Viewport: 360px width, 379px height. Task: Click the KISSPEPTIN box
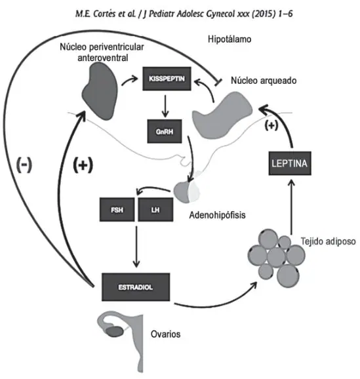point(167,79)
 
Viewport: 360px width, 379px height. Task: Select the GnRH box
point(165,131)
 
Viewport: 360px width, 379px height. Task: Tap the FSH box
point(117,210)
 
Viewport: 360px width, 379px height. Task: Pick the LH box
point(155,210)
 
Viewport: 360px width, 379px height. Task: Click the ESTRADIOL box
point(136,287)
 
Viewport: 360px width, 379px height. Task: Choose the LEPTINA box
point(290,163)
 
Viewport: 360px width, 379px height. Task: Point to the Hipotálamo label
point(230,39)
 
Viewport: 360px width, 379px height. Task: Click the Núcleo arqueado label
point(264,81)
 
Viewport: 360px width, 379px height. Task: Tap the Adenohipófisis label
point(217,215)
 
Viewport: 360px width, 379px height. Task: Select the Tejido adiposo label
point(328,241)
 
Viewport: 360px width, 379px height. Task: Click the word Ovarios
point(166,334)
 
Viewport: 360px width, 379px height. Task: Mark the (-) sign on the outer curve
point(24,165)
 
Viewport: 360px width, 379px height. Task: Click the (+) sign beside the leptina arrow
point(271,125)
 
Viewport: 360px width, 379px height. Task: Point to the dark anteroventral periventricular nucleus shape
point(100,90)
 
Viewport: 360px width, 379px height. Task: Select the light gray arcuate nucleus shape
point(221,115)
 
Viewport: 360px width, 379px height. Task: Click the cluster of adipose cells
point(276,257)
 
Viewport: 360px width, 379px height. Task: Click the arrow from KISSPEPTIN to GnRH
point(165,106)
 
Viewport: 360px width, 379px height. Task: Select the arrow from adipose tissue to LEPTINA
point(291,207)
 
